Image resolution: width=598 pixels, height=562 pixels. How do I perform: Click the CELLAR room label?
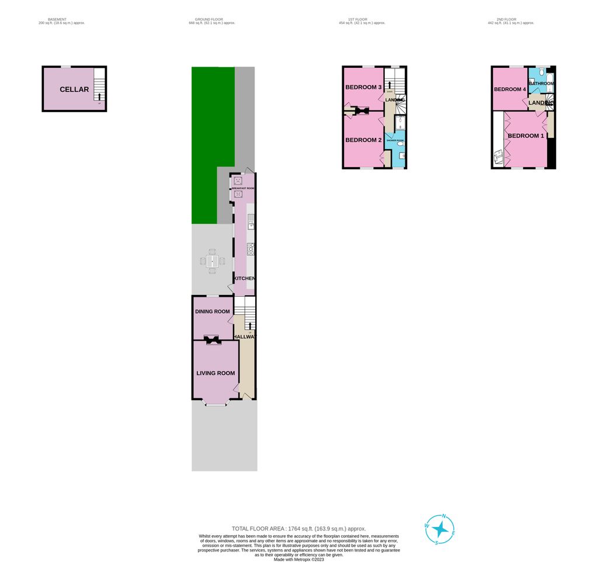click(x=74, y=89)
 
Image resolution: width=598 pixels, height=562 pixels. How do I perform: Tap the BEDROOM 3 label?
click(x=363, y=88)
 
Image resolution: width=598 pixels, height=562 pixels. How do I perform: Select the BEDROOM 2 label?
click(x=363, y=140)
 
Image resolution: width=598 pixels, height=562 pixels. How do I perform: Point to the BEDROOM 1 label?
click(x=526, y=136)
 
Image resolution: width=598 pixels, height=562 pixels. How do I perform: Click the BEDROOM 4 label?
click(x=510, y=89)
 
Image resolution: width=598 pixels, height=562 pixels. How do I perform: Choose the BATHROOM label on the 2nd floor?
click(x=541, y=84)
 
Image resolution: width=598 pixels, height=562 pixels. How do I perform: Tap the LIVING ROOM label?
click(x=215, y=373)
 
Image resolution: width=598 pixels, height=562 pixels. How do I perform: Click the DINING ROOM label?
click(x=212, y=311)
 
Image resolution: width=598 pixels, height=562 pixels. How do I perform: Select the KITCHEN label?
click(x=245, y=279)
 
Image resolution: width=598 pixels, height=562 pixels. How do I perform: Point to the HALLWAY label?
click(x=244, y=337)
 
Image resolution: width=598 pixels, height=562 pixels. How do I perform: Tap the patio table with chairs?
click(x=213, y=261)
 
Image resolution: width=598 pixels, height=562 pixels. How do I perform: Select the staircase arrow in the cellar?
click(x=99, y=96)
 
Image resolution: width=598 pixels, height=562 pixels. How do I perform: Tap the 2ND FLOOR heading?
click(x=510, y=19)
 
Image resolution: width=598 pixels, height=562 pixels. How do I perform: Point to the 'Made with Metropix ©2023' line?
click(x=298, y=559)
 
